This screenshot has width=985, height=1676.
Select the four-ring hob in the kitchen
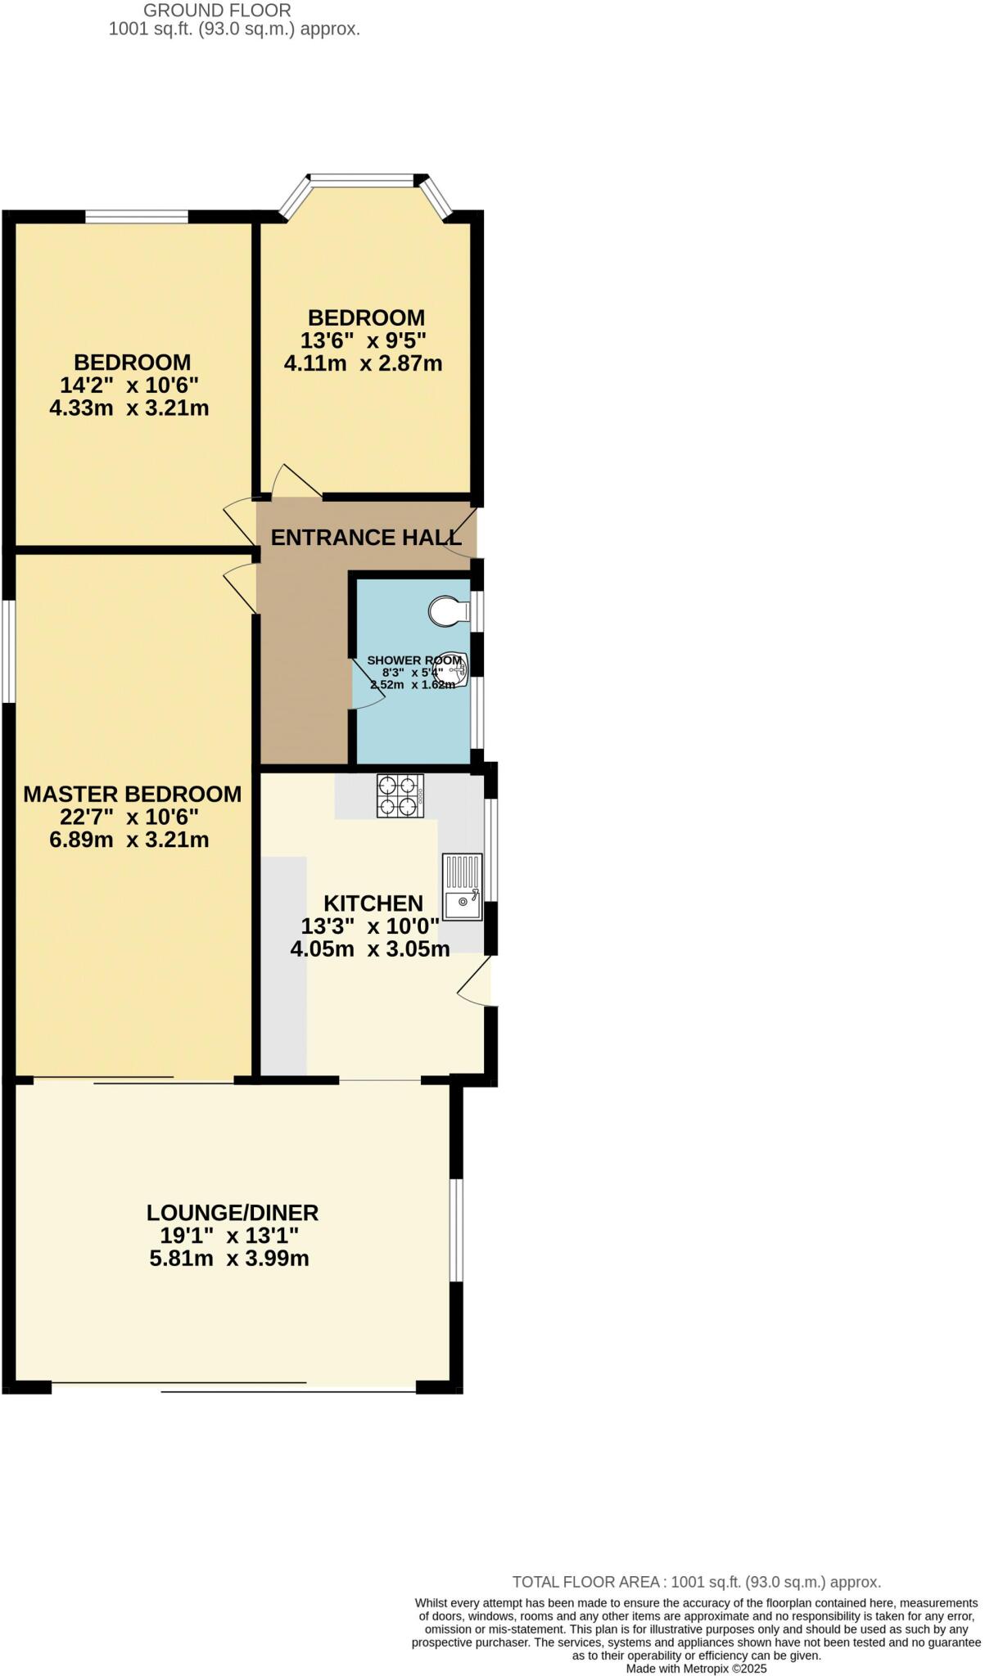tap(400, 795)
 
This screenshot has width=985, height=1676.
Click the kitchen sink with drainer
tap(463, 887)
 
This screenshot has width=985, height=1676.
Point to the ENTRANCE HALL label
tap(366, 538)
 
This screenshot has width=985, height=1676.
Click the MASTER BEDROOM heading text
tap(132, 794)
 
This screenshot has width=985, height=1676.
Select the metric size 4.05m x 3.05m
tap(370, 949)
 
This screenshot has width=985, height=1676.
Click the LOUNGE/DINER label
tap(233, 1212)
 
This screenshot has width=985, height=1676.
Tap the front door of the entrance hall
tap(462, 533)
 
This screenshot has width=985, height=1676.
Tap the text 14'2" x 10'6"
tap(129, 385)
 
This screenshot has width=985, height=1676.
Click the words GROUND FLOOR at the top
tap(217, 11)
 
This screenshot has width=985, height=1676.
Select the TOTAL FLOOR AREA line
tap(696, 1582)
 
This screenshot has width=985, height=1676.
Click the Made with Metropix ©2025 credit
tap(696, 1668)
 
